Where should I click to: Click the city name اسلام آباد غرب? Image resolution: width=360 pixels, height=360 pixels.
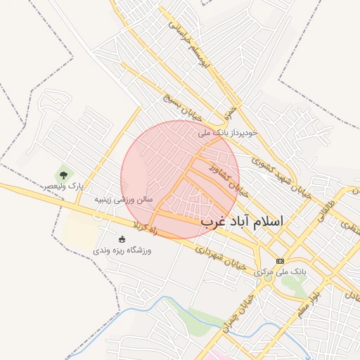pyautogui.click(x=241, y=221)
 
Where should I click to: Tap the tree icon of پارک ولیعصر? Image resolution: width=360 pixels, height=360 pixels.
pyautogui.click(x=63, y=174)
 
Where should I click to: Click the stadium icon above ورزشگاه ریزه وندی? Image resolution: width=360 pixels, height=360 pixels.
pyautogui.click(x=122, y=238)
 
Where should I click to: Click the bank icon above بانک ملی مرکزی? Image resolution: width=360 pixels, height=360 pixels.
pyautogui.click(x=279, y=260)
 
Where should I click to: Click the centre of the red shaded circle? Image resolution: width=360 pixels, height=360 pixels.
pyautogui.click(x=180, y=179)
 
